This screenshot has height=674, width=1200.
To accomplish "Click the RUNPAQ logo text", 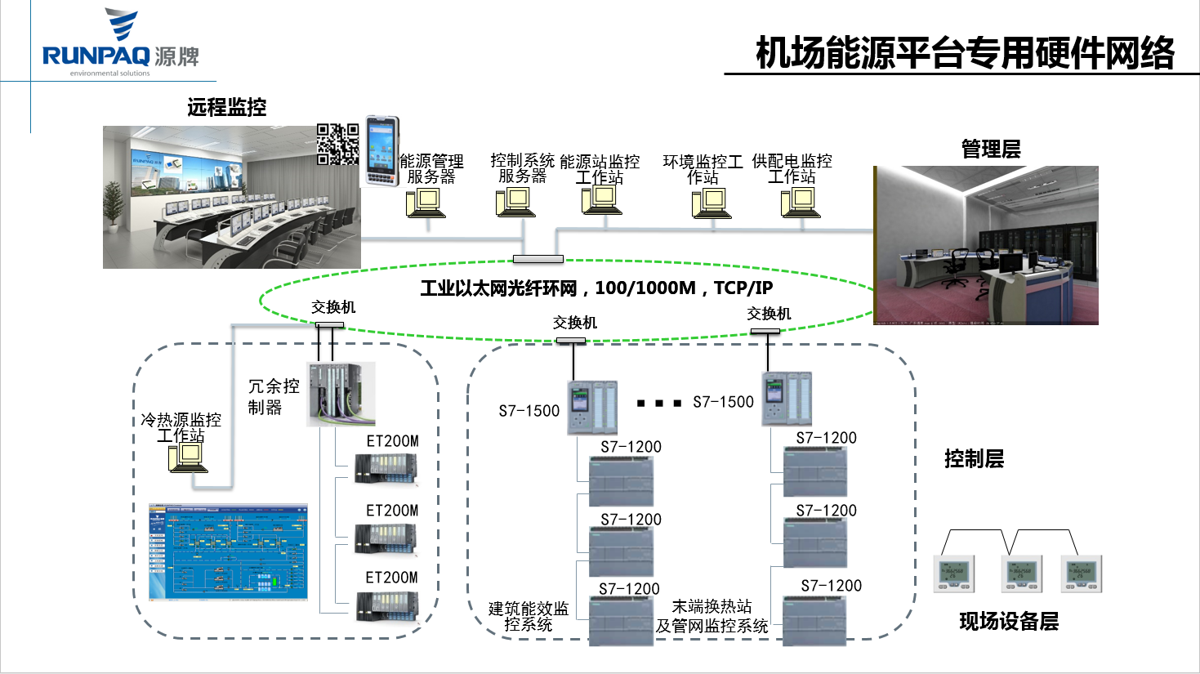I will click(96, 56).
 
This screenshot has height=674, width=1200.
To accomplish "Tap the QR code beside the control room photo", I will click(337, 144).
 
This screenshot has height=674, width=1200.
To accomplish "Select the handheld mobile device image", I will click(382, 151).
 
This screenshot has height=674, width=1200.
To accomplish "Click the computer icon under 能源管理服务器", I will click(426, 202).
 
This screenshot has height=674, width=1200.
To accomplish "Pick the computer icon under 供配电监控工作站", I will click(801, 202).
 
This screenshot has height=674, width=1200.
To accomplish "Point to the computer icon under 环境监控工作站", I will click(712, 203).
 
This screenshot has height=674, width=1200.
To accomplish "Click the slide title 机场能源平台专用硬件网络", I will click(965, 54).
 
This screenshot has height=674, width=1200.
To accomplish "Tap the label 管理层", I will click(991, 149).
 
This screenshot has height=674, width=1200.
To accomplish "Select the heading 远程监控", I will click(226, 107).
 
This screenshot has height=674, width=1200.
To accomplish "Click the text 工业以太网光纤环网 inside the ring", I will click(498, 288).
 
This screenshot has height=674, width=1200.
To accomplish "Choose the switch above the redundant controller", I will click(329, 324).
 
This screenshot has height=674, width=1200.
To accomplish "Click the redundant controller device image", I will click(341, 394).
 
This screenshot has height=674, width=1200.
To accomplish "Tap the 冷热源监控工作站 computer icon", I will click(188, 458).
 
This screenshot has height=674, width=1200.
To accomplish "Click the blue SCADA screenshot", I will click(228, 552).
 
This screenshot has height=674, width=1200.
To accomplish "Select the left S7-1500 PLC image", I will click(592, 406).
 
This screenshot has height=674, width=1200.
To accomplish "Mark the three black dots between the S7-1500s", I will click(659, 403).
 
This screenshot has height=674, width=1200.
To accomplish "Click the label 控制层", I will click(974, 458).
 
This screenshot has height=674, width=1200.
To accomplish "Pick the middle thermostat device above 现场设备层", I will click(1021, 574).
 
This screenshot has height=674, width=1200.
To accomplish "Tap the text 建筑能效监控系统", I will click(529, 616).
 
